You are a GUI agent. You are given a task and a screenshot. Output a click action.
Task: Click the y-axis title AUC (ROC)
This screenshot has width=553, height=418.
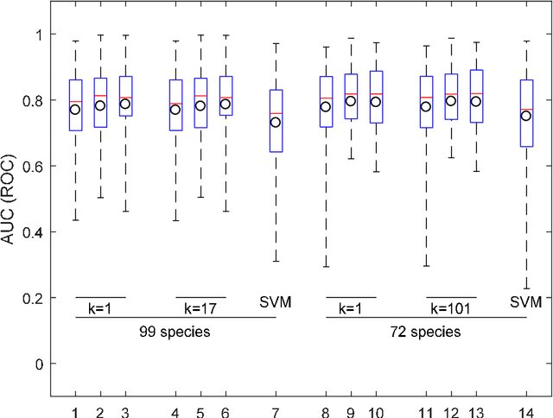click(x=11, y=199)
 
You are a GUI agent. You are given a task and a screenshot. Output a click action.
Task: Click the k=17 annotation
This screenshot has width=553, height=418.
click(x=200, y=307)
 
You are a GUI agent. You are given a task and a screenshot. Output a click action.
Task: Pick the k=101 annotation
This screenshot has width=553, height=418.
click(x=450, y=307)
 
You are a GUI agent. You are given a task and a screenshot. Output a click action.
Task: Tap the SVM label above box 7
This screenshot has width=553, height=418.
click(x=276, y=302)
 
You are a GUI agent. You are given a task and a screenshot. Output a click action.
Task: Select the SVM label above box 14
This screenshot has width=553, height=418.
click(x=525, y=302)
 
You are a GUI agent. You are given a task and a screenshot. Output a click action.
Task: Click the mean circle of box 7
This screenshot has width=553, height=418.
click(x=276, y=122)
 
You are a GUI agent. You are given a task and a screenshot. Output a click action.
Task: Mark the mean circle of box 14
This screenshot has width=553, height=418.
click(x=525, y=116)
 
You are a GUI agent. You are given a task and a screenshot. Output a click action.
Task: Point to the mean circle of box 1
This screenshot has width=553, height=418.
click(x=75, y=110)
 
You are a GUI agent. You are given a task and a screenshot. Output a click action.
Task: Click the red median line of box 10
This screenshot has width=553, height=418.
click(x=376, y=93)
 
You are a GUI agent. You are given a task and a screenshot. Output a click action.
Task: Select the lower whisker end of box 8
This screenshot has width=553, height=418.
click(x=326, y=266)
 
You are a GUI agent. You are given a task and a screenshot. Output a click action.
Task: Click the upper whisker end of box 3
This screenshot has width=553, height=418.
click(x=125, y=36)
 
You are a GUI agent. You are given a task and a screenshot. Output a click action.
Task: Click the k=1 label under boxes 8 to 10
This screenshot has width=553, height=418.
click(x=350, y=307)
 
